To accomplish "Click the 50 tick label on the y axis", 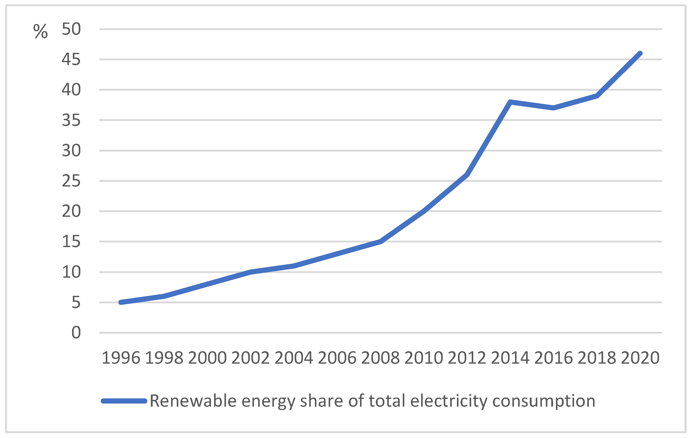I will [x=71, y=29].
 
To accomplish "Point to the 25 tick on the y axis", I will [x=71, y=181].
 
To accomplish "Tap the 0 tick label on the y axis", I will [x=76, y=333].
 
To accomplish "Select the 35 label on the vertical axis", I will [x=71, y=120].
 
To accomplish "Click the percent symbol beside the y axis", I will [x=40, y=31].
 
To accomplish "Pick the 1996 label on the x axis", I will [x=121, y=358].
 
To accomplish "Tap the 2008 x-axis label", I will [x=380, y=358].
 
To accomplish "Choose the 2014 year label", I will [x=510, y=358].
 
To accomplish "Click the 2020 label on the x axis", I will [x=640, y=358].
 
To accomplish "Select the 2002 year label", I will [x=251, y=358].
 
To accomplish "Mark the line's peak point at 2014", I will [x=510, y=102].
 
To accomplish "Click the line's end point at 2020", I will [x=640, y=53].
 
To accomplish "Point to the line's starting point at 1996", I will [x=121, y=302].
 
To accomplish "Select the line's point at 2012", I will [x=467, y=175].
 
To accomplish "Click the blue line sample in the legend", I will [x=124, y=401].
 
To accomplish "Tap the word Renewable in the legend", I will [x=193, y=401].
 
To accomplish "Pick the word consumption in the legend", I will [x=544, y=401].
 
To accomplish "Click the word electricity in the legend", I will [x=449, y=401].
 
